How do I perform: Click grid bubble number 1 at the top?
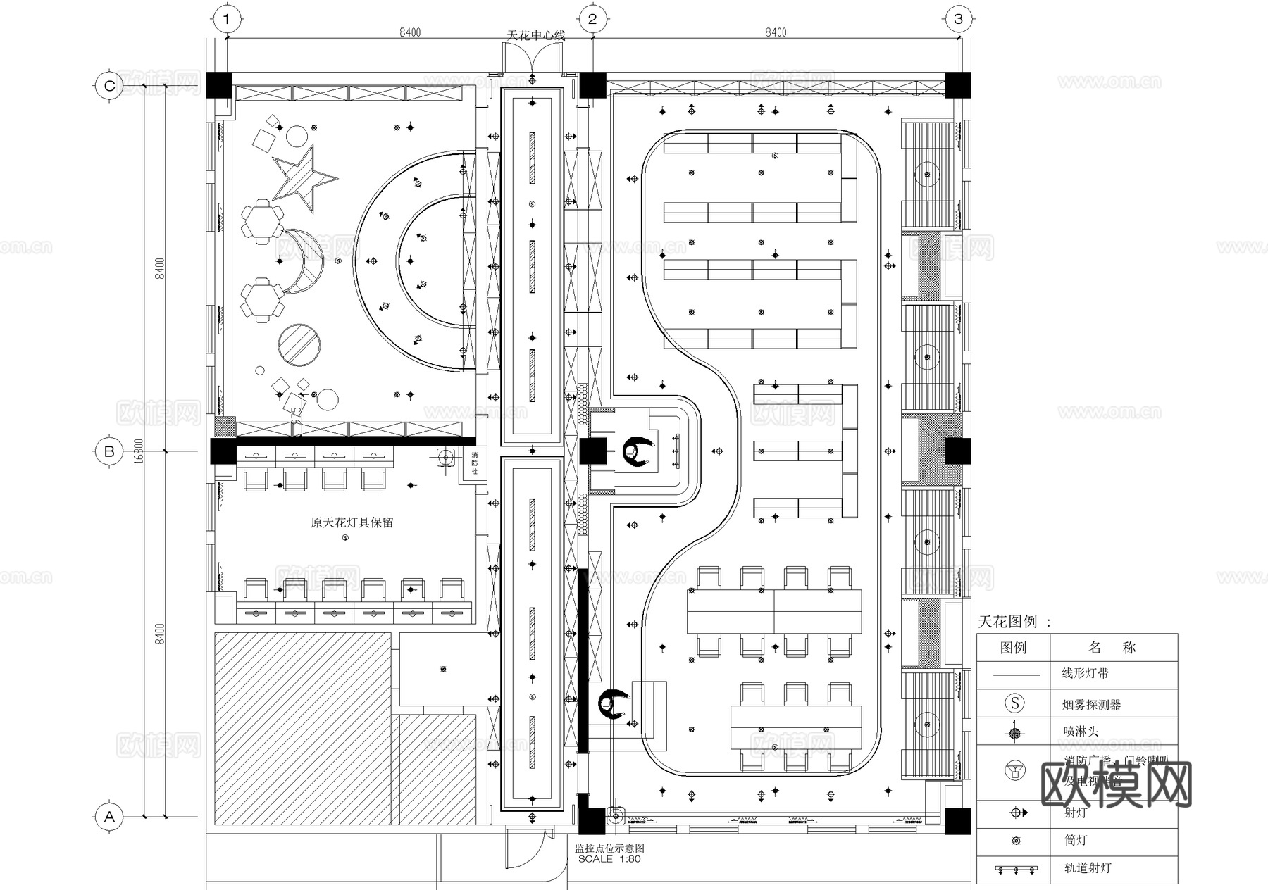point(226,19)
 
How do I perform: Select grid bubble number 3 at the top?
point(958,19)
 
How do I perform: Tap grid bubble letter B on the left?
point(109,451)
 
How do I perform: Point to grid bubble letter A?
point(109,817)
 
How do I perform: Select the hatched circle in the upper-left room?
point(299,345)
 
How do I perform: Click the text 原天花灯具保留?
point(352,522)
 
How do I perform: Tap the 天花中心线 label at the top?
point(536,35)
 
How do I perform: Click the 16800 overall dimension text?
point(139,451)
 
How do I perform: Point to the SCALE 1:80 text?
point(609,859)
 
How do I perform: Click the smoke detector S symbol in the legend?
point(1014,703)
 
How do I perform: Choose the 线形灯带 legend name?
point(1085,674)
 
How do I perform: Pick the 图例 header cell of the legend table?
point(1014,648)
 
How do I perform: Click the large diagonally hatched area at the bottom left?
point(303,729)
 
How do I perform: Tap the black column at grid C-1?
point(223,84)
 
